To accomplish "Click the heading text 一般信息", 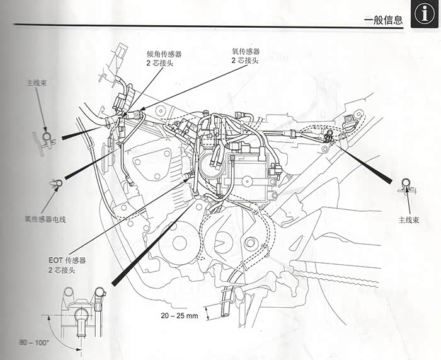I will pos(383,20).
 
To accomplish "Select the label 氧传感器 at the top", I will pos(245,51).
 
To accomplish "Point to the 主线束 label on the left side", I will pos(34,83).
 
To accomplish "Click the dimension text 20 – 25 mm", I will pos(179,314).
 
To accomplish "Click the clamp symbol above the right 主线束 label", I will pos(405,185).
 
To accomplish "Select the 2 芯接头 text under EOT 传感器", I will pos(62,269).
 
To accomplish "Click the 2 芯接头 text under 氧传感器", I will pos(245,60).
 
